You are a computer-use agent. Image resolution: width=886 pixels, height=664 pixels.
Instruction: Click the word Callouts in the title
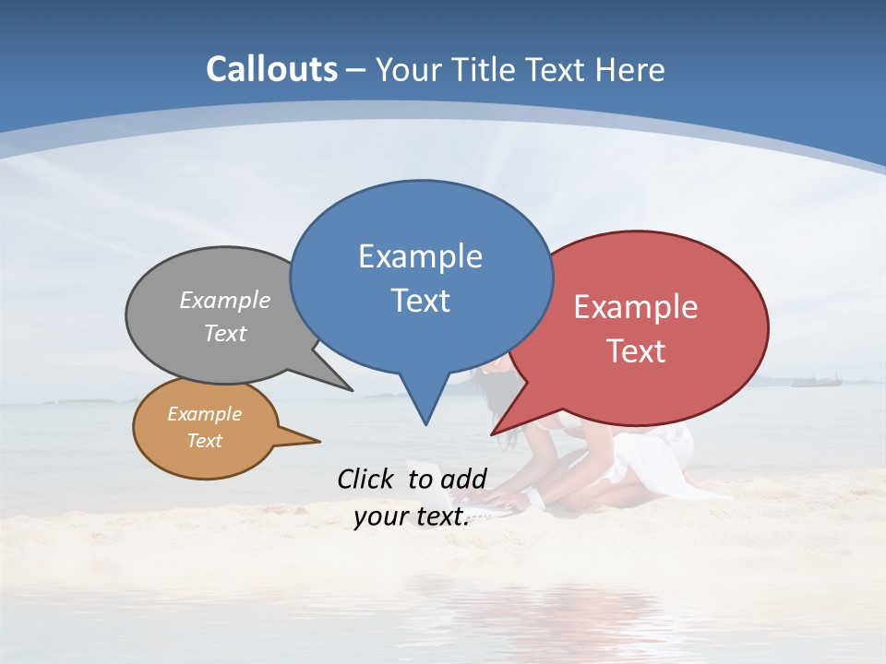272,69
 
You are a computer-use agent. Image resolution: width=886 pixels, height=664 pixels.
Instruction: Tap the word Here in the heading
629,70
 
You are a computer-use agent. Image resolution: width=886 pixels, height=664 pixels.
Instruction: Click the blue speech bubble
421,277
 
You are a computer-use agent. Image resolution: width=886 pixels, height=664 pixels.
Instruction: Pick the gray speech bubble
217,318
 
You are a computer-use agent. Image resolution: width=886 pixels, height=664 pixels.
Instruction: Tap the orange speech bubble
205,428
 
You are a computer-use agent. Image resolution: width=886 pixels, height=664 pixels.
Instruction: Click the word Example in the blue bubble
420,256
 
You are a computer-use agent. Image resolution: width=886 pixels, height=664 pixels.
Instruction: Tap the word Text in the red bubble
636,351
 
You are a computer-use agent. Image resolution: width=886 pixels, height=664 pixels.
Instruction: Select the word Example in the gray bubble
225,301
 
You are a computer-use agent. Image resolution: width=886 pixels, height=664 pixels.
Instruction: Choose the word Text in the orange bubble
205,441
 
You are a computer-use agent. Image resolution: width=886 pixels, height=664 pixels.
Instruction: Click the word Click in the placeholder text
368,479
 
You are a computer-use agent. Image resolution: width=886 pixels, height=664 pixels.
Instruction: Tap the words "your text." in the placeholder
411,516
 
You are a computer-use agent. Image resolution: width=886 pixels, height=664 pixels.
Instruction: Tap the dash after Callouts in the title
357,70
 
